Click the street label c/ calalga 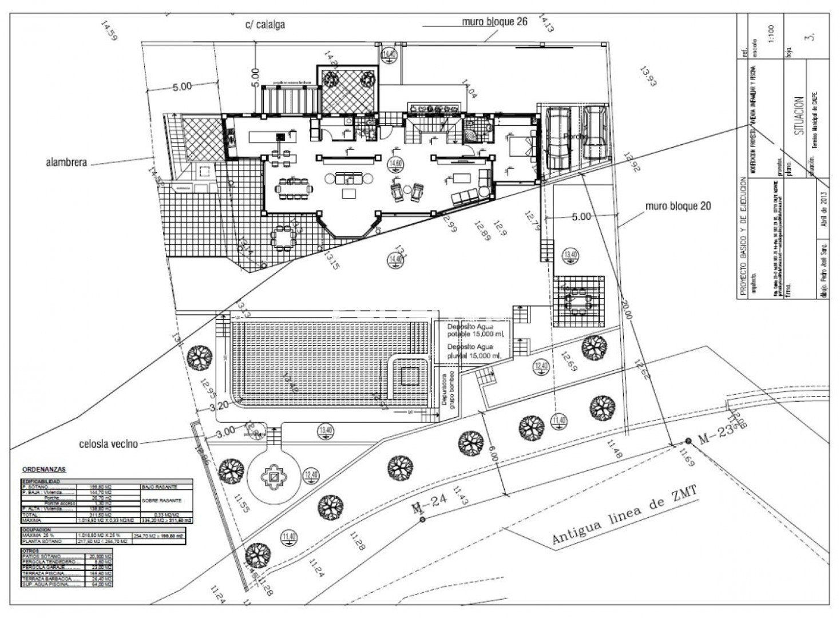pos(265,25)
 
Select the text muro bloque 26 pos(495,22)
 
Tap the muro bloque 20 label pos(679,206)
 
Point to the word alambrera pos(66,162)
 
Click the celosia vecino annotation pos(109,443)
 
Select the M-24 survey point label pos(429,504)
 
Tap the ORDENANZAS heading pos(43,469)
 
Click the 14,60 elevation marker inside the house pos(395,164)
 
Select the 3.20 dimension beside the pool pos(220,407)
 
